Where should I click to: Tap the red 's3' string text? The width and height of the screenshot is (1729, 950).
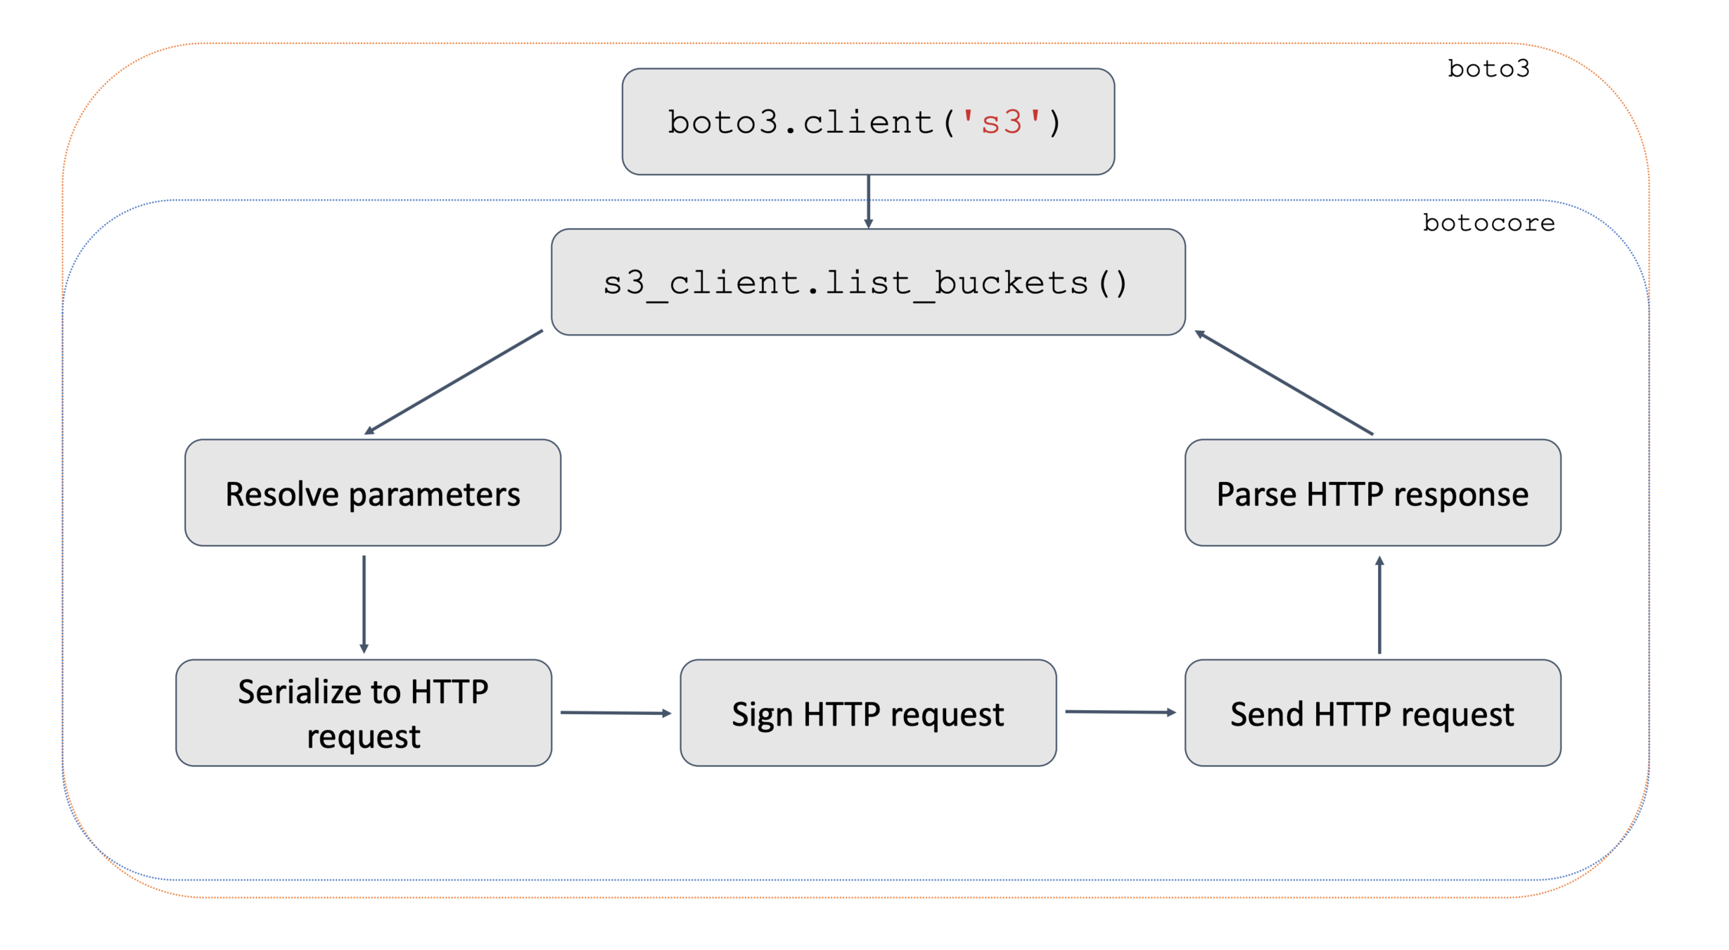coord(1001,122)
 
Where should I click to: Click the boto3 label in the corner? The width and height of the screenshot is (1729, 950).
coord(1488,69)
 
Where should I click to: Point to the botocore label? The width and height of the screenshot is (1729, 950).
coord(1488,223)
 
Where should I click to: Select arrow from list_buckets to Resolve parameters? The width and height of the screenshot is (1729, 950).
coord(454,381)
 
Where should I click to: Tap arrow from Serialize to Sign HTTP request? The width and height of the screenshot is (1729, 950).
coord(615,713)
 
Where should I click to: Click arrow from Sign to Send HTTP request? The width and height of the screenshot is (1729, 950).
coord(1120,712)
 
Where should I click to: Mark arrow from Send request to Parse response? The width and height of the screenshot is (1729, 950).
coord(1379,605)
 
